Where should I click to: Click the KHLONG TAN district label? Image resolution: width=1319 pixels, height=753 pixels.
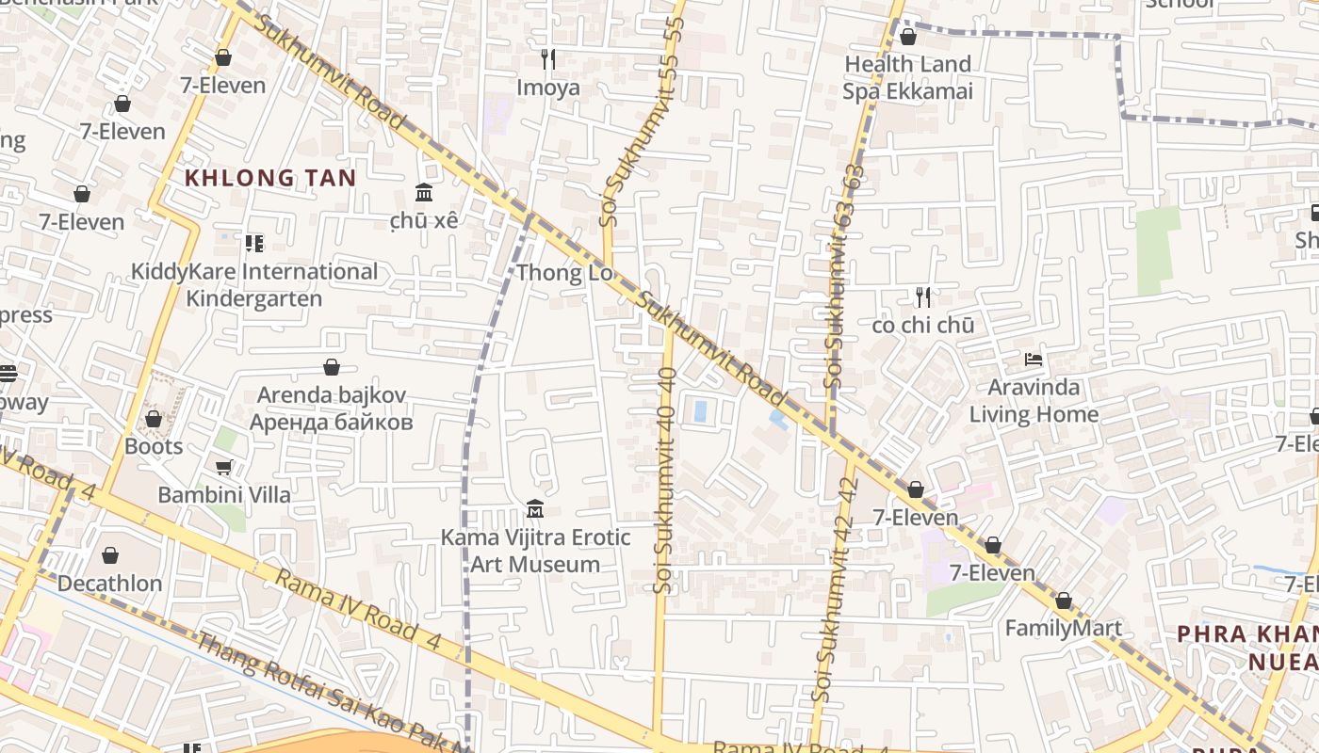point(270,178)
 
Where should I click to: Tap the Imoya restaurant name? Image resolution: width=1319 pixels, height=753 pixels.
point(548,88)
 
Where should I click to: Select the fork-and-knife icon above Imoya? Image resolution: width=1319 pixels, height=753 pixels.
point(548,59)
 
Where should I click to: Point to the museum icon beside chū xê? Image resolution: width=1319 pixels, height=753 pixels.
point(424,192)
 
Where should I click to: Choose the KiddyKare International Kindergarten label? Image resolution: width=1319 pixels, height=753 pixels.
point(253,285)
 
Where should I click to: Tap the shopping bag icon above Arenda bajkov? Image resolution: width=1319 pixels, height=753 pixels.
point(332,367)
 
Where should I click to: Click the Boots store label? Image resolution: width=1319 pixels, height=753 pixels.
point(154,446)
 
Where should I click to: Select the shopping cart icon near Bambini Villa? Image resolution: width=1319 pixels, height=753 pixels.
point(224,467)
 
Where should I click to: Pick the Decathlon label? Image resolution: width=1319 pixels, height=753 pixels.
point(110,584)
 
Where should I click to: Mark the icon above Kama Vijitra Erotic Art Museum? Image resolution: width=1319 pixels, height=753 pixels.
point(535,509)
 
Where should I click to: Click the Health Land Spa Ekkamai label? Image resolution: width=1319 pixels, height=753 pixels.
point(907,78)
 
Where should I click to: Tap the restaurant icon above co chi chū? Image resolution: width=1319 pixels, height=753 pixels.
point(923,297)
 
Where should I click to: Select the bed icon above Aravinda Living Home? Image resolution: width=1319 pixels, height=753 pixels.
point(1034,360)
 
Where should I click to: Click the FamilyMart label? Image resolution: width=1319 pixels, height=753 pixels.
point(1064,629)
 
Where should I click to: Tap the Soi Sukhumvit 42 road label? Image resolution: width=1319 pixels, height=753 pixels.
point(835,588)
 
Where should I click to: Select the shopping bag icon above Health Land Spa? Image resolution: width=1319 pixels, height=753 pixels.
point(908,37)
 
